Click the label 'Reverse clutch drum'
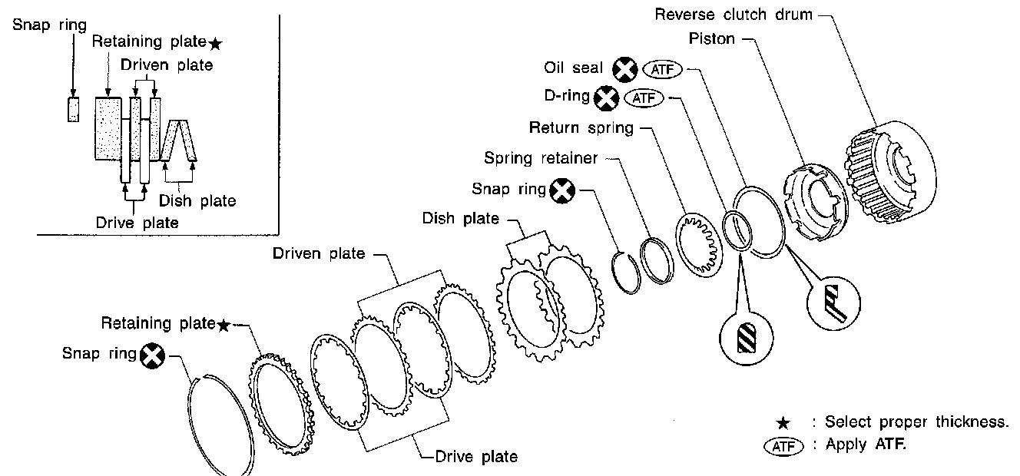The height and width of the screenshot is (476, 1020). pos(733,15)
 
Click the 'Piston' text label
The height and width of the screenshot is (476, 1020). pos(712,38)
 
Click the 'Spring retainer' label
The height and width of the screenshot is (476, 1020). pos(541,158)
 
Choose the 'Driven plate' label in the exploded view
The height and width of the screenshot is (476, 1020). pos(319,253)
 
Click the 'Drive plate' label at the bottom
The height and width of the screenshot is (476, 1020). pos(476,457)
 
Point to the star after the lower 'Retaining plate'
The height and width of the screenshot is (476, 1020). pos(223,325)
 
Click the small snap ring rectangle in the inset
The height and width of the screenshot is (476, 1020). pos(74,109)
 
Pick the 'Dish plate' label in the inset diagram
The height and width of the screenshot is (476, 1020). pos(197,201)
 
